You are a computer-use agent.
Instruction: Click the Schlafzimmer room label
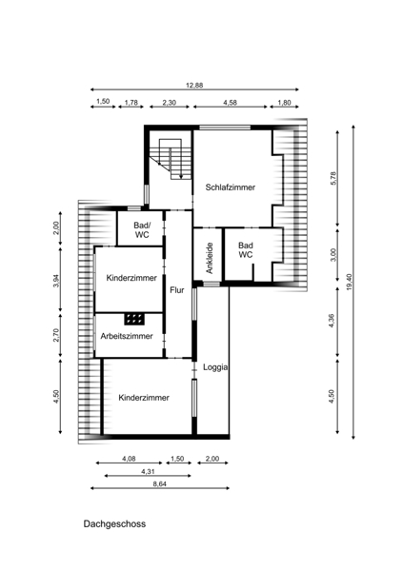231,187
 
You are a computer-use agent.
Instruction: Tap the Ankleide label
210,258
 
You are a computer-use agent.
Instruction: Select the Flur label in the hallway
177,290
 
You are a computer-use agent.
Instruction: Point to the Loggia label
215,367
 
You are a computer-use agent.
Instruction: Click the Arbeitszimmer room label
127,336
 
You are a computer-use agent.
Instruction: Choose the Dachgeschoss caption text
114,523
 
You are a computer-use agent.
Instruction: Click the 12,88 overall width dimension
194,86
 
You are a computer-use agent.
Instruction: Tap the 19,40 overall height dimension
350,282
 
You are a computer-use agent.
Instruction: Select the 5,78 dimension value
333,179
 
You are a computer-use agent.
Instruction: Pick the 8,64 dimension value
160,484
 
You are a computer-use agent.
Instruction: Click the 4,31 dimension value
148,471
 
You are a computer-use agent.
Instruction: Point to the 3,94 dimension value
56,281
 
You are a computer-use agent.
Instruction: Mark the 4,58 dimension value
231,103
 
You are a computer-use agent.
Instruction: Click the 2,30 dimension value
169,103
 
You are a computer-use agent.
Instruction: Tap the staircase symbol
171,158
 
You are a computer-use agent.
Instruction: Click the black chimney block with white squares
134,319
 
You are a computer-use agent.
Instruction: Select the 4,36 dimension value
332,321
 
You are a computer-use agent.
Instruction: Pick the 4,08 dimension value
129,459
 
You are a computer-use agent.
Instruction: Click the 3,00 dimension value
333,254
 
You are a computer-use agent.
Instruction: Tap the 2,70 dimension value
56,335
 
